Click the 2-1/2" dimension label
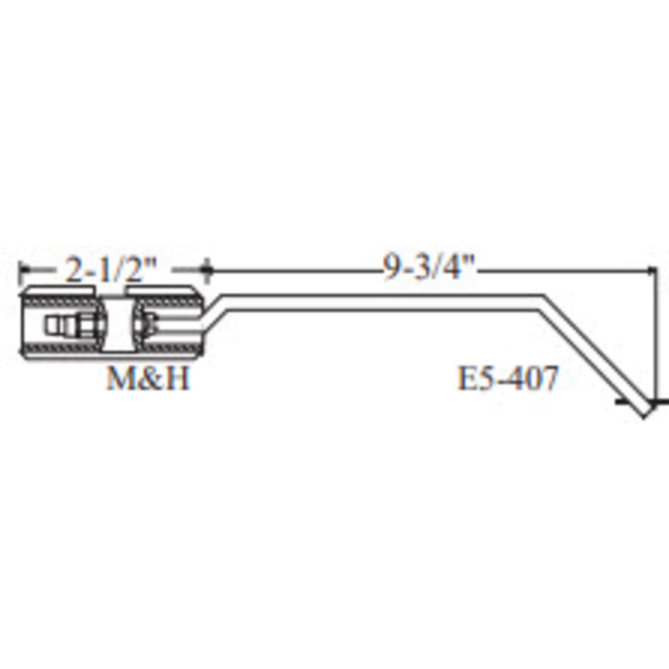[111, 269]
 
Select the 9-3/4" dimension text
[429, 268]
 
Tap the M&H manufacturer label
[148, 378]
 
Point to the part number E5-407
[508, 378]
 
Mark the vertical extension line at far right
[655, 333]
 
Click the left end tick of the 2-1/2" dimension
[20, 273]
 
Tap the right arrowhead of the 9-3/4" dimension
[650, 269]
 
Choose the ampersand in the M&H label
[149, 378]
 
